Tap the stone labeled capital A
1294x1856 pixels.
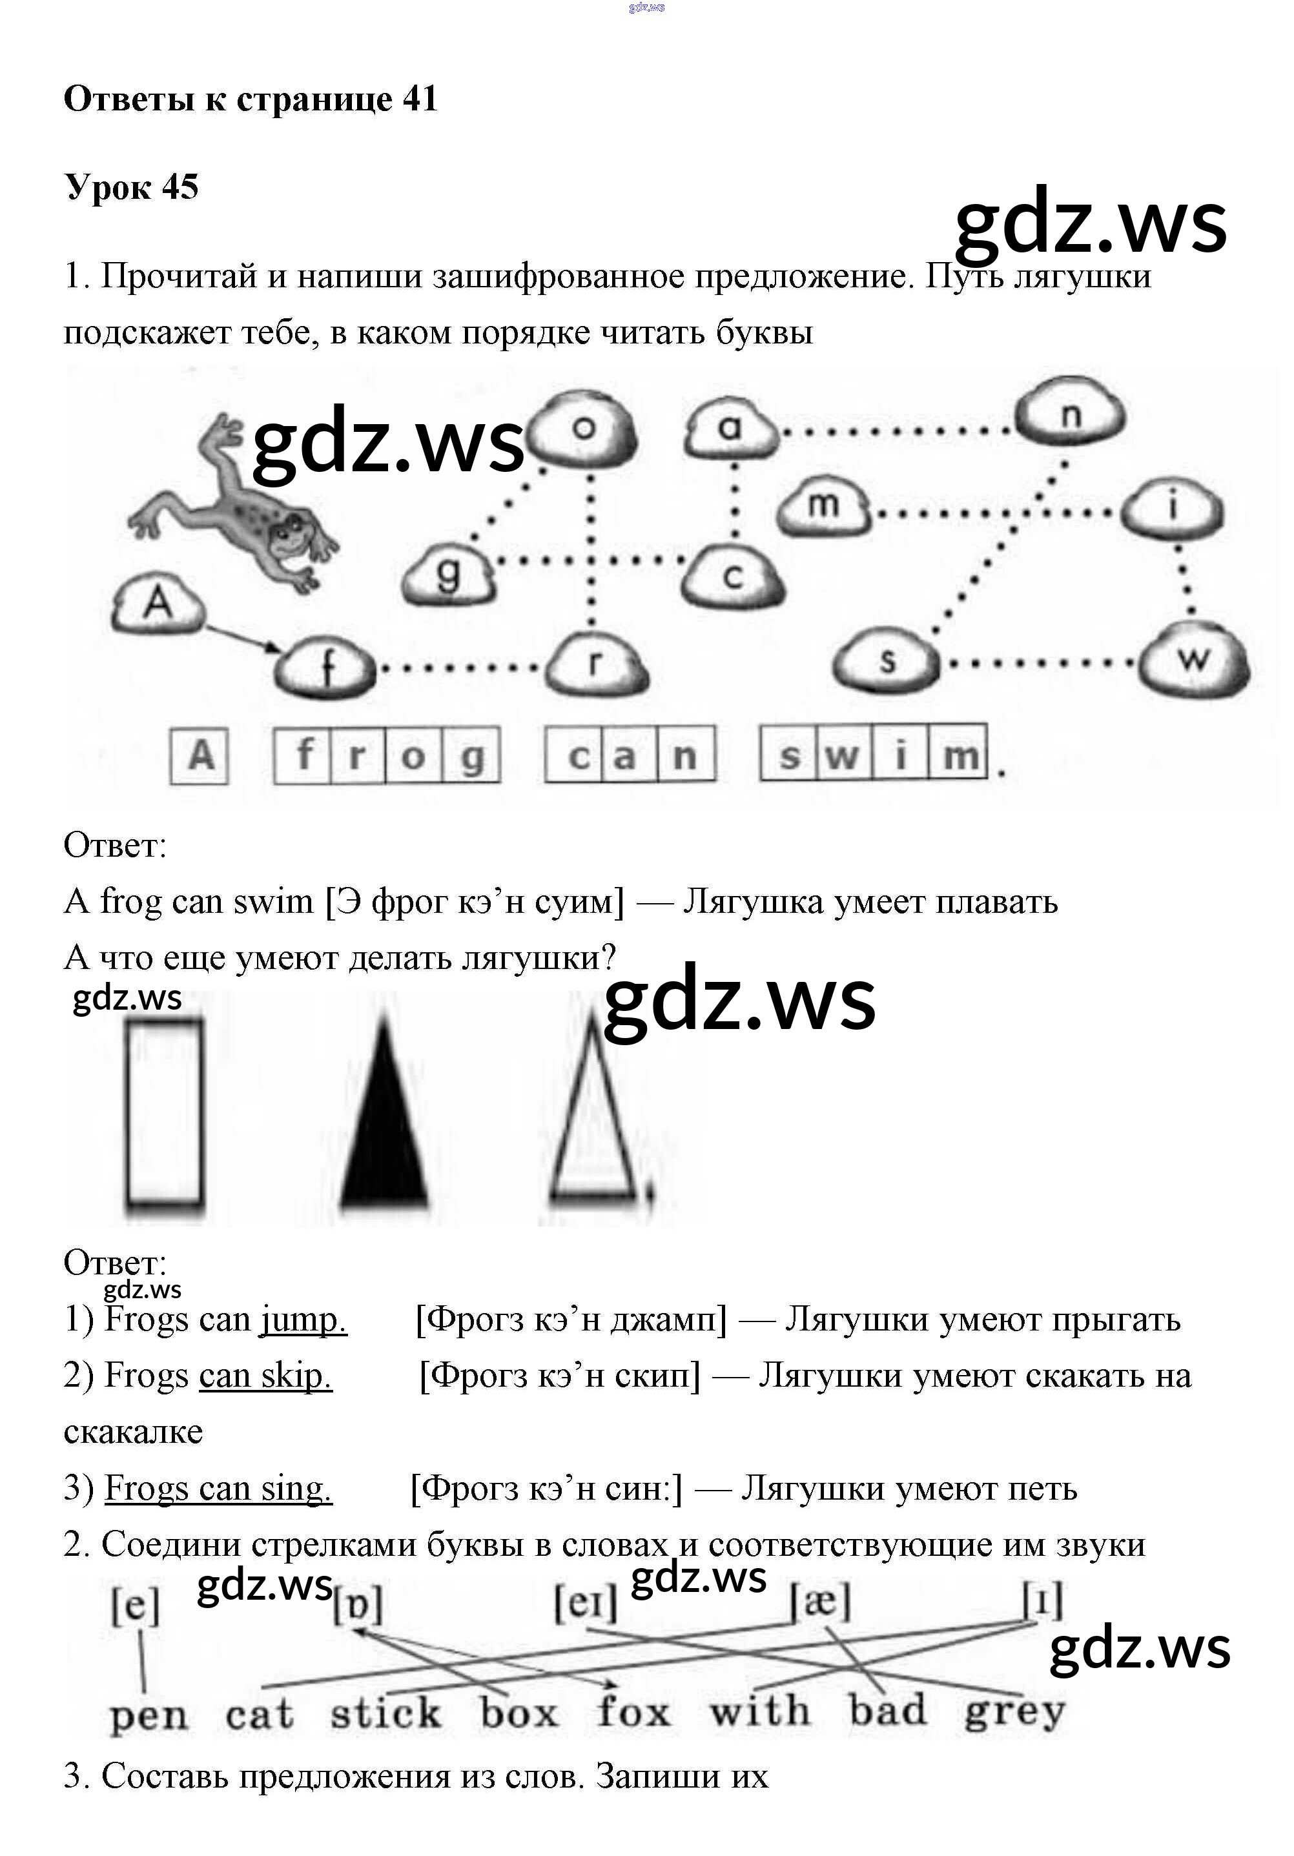[158, 606]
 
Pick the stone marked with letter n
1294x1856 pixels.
[1069, 416]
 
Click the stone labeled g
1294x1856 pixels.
[448, 574]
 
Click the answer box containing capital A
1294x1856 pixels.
[200, 756]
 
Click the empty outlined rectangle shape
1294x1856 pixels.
[164, 1115]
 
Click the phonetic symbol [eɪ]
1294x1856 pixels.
[585, 1602]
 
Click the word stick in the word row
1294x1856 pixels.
[385, 1712]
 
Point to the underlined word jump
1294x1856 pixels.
[303, 1320]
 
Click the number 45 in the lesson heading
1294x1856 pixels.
[180, 187]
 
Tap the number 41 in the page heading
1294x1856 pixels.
[419, 99]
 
